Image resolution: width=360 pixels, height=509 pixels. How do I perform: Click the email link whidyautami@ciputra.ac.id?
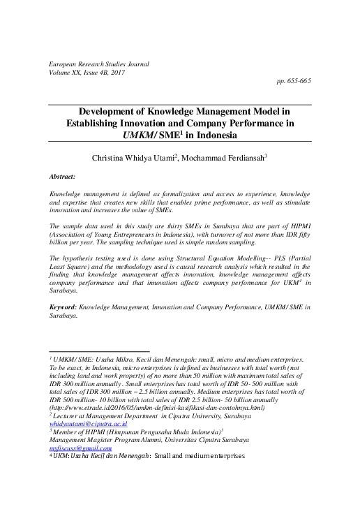pos(88,404)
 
